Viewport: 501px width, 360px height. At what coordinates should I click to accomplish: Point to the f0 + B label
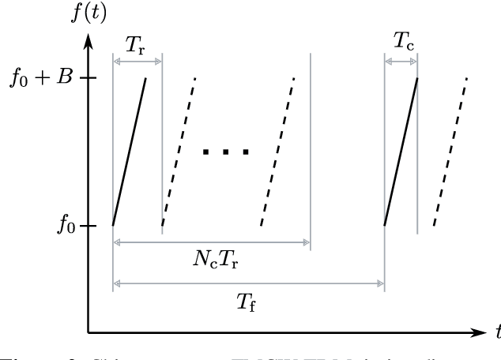pyautogui.click(x=47, y=78)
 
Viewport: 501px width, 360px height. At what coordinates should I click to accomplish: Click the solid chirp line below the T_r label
pyautogui.click(x=130, y=152)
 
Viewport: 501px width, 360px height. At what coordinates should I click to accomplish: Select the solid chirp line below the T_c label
pyautogui.click(x=401, y=152)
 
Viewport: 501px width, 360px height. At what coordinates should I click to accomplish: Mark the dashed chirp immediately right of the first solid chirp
pyautogui.click(x=179, y=152)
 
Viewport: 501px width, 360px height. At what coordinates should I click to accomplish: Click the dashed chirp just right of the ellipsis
pyautogui.click(x=277, y=152)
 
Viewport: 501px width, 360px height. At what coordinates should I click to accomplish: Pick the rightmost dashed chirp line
pyautogui.click(x=450, y=152)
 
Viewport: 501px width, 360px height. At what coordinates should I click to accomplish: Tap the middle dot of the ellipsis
pyautogui.click(x=227, y=152)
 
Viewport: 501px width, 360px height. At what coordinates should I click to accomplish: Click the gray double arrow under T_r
pyautogui.click(x=137, y=60)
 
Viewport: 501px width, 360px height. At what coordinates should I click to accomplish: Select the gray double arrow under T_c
pyautogui.click(x=401, y=60)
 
